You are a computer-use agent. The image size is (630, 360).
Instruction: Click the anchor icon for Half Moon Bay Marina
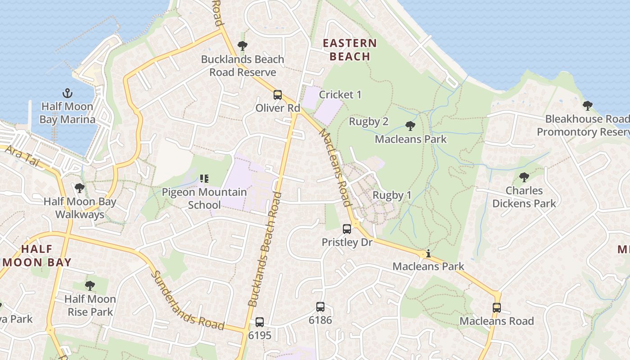click(x=67, y=94)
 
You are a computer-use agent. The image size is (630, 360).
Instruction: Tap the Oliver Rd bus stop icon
click(x=278, y=95)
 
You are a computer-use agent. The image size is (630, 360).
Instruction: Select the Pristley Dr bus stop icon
click(x=347, y=229)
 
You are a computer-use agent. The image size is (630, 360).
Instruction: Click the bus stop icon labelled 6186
click(x=320, y=307)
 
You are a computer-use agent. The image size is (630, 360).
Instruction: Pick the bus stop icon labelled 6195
click(x=260, y=322)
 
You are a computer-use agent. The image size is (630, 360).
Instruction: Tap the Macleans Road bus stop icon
click(x=497, y=308)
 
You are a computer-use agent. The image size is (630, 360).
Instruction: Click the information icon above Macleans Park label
click(x=428, y=254)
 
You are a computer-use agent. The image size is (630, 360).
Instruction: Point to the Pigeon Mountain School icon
click(x=204, y=179)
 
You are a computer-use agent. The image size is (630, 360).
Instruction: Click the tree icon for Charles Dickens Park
click(x=524, y=177)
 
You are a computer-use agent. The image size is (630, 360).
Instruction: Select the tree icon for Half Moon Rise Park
click(x=90, y=285)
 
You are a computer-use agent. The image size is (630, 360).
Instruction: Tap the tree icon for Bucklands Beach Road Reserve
click(x=243, y=46)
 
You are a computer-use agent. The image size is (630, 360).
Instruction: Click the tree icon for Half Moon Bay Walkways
click(x=80, y=188)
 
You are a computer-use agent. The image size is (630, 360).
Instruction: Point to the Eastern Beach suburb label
click(x=350, y=50)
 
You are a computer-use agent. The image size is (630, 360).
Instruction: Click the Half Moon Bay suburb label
click(x=37, y=256)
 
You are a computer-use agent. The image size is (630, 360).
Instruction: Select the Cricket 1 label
click(x=340, y=95)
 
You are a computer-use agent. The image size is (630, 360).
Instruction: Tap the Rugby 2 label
click(x=369, y=121)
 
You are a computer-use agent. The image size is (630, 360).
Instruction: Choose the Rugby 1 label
click(x=392, y=195)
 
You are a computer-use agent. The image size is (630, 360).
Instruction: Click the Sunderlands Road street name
click(x=187, y=301)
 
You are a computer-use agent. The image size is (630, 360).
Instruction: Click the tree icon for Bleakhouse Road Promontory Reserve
click(x=587, y=106)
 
